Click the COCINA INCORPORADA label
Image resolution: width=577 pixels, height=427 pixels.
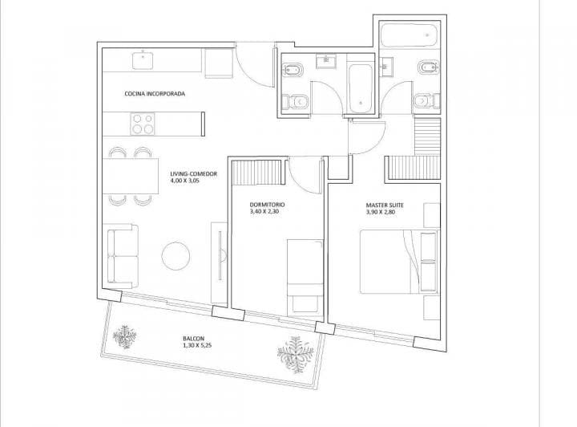[x=155, y=94]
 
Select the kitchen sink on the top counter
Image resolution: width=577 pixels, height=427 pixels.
[x=143, y=56]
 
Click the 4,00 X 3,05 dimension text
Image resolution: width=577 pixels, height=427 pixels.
[x=187, y=181]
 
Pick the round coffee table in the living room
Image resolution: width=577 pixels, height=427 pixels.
[x=176, y=257]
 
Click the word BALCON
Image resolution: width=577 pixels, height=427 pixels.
[x=192, y=338]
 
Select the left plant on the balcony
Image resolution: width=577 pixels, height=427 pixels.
[x=124, y=336]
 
